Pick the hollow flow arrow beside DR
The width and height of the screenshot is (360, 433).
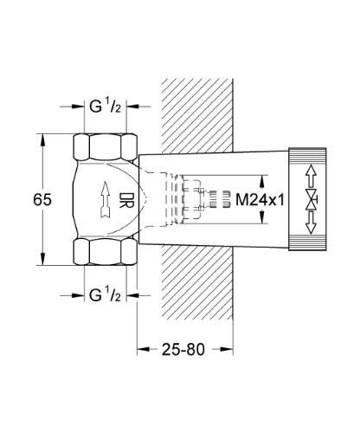pyautogui.click(x=104, y=201)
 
